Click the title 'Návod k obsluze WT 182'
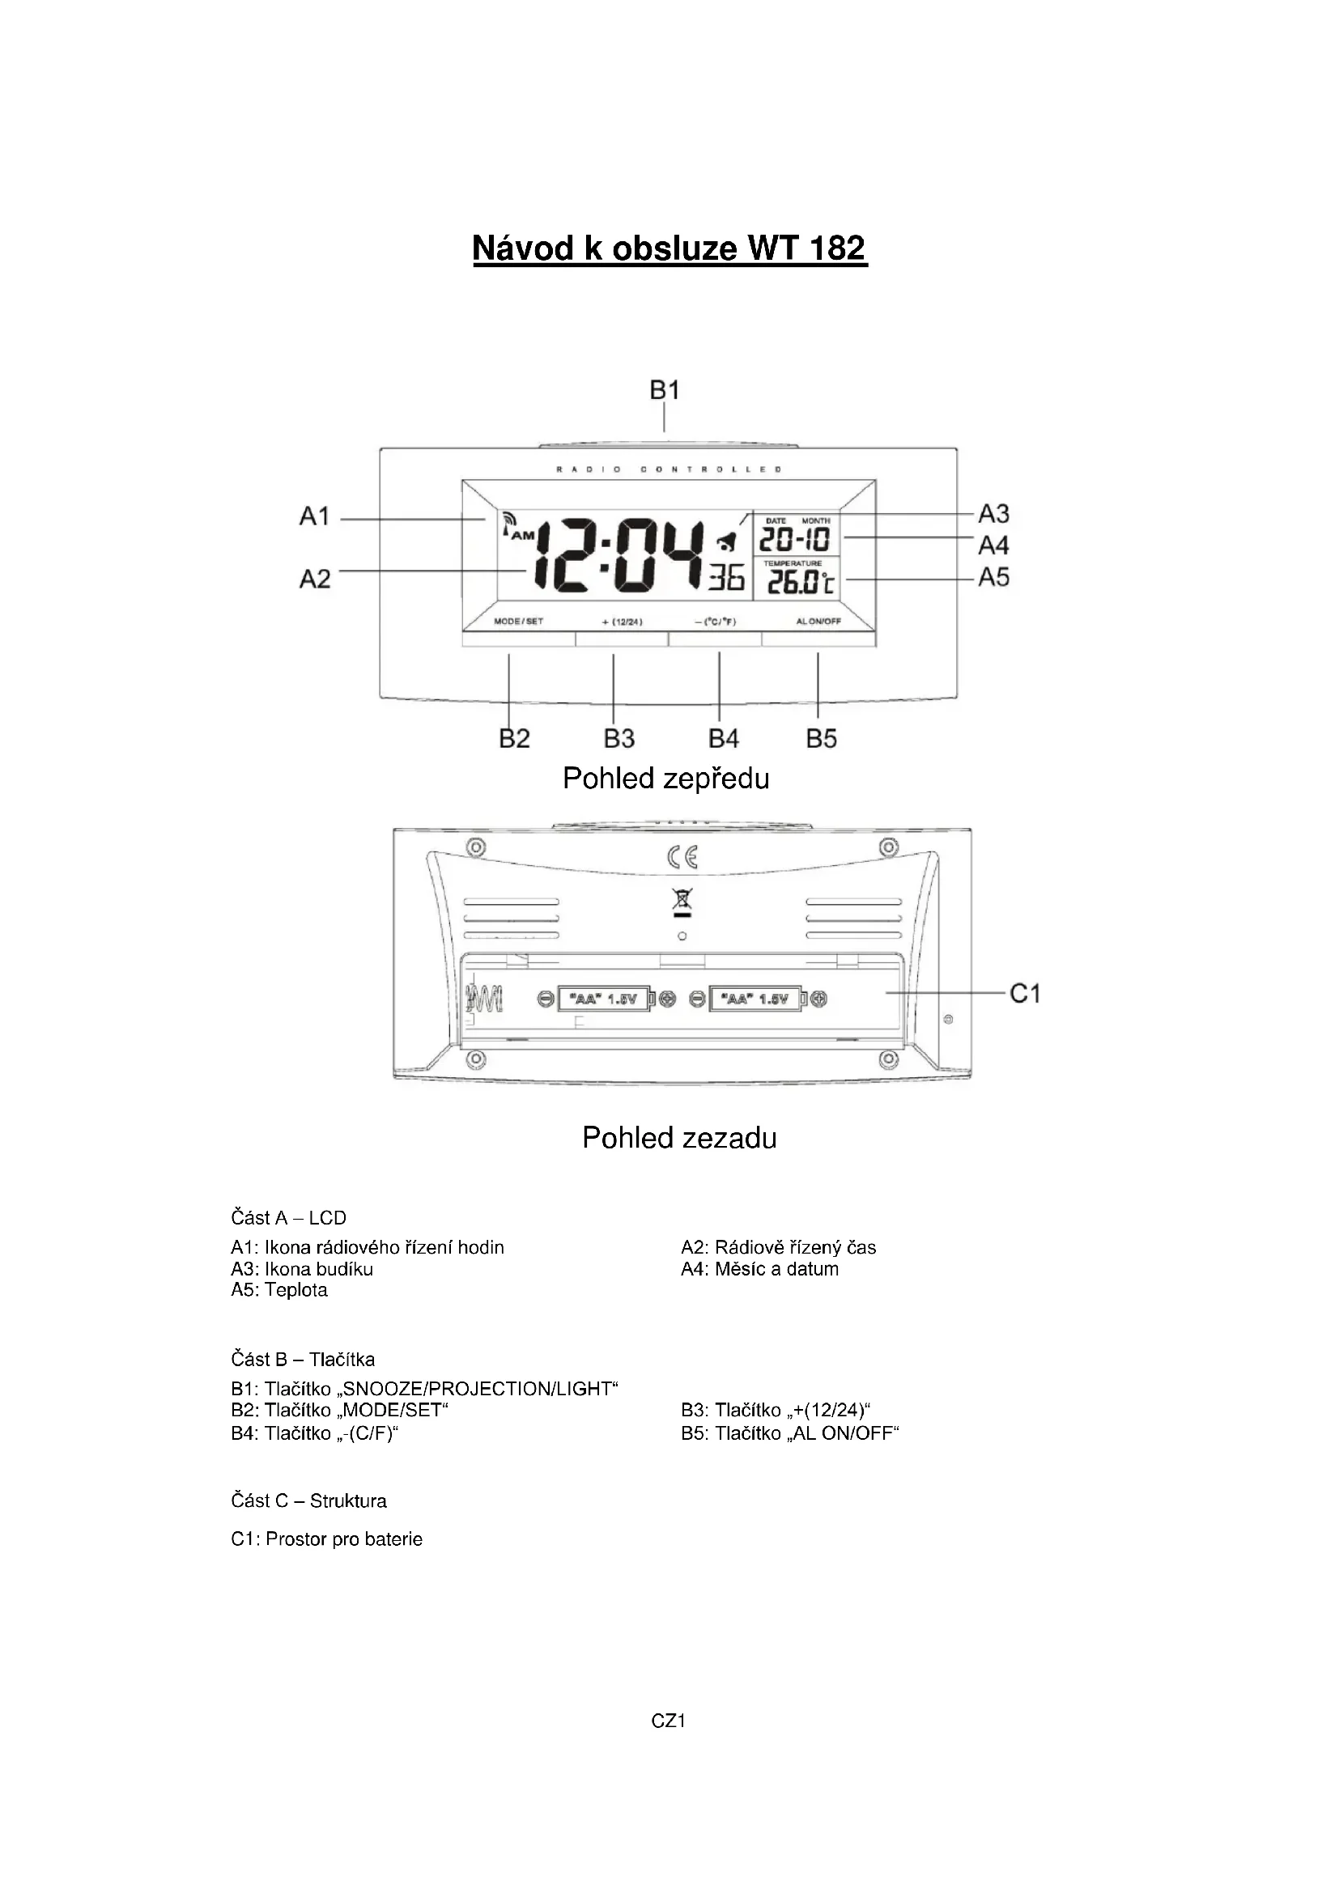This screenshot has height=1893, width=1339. coord(669,248)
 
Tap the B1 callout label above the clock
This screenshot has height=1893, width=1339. coord(665,389)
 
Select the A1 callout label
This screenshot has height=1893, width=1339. coord(314,517)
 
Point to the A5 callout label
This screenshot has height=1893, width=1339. coord(993,577)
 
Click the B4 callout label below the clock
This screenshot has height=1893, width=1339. coord(724,739)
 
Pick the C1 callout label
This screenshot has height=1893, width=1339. coord(1025,995)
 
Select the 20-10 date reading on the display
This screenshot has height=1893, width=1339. coord(794,540)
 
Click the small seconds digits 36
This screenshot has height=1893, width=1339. coord(726,576)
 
